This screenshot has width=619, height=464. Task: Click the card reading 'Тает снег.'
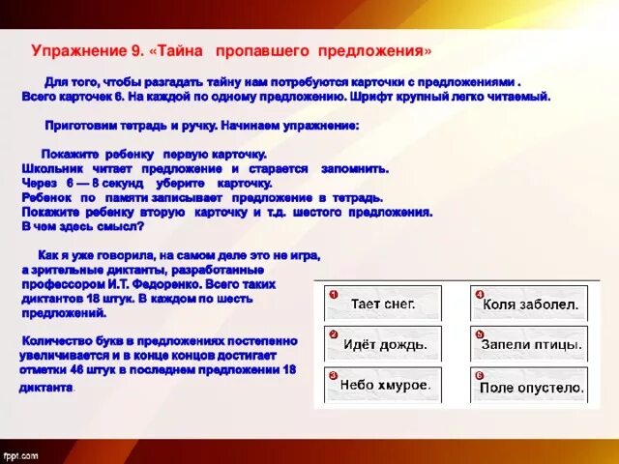point(384,304)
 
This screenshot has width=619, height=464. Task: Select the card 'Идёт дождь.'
point(384,344)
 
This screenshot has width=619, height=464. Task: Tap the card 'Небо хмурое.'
point(384,384)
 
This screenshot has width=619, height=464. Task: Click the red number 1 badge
point(332,293)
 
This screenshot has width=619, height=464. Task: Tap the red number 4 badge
point(479,293)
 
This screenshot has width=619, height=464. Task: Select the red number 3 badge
point(332,374)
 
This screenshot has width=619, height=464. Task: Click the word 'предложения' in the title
point(369,49)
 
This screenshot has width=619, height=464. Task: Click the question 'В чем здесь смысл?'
point(82,226)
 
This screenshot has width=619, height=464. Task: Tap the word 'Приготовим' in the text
point(81,126)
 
